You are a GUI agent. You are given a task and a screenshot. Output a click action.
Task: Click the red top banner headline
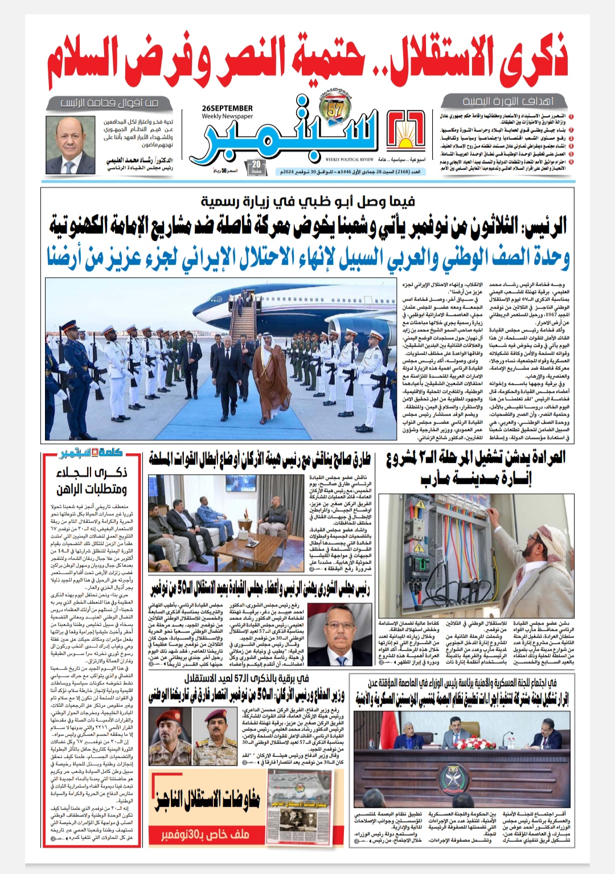pyautogui.click(x=307, y=61)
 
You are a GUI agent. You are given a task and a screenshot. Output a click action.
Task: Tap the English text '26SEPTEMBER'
pyautogui.click(x=227, y=108)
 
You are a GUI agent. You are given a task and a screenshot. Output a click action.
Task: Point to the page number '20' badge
pyautogui.click(x=256, y=167)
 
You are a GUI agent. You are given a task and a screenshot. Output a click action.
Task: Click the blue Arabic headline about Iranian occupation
pyautogui.click(x=307, y=258)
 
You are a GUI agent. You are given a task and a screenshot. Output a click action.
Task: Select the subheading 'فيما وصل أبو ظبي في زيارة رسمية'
pyautogui.click(x=307, y=201)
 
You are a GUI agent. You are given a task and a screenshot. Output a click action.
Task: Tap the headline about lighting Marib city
pyautogui.click(x=475, y=467)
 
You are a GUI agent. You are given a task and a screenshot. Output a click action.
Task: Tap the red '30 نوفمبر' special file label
pyautogui.click(x=205, y=835)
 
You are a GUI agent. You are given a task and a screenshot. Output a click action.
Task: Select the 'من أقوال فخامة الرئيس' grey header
pyautogui.click(x=109, y=103)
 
